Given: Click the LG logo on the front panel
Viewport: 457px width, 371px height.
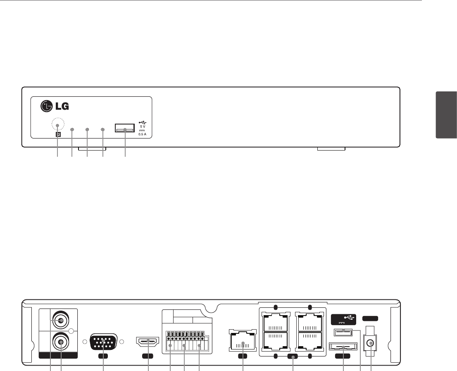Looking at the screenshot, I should click(x=54, y=106).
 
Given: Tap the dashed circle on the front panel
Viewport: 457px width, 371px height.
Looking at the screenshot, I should click(x=58, y=125).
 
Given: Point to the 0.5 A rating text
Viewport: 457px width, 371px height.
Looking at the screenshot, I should click(x=142, y=134).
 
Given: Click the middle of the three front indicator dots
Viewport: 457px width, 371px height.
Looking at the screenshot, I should click(x=87, y=129).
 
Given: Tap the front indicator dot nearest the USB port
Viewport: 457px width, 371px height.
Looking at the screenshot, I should click(x=103, y=129).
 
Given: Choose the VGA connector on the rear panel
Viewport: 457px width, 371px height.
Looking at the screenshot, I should click(x=103, y=342).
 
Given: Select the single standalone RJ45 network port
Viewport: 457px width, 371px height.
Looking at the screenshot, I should click(x=243, y=340).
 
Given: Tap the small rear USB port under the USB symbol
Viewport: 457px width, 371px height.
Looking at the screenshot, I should click(x=342, y=331).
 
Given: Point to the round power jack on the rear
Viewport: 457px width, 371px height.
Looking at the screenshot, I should click(x=371, y=343).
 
